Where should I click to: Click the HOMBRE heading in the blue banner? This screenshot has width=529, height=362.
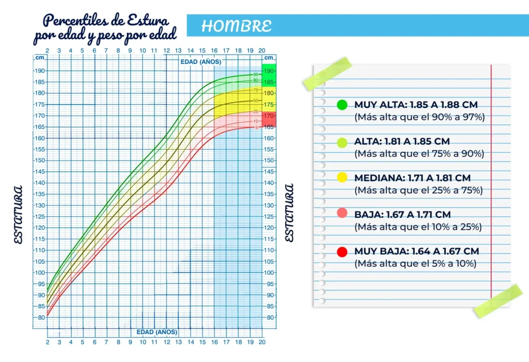pyautogui.click(x=236, y=26)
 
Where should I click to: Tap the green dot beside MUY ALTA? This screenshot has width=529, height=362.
pyautogui.click(x=342, y=105)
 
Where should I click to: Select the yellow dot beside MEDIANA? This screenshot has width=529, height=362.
pyautogui.click(x=342, y=178)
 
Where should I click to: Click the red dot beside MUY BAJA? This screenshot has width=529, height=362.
pyautogui.click(x=342, y=251)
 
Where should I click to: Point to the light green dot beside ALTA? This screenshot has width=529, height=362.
pyautogui.click(x=342, y=141)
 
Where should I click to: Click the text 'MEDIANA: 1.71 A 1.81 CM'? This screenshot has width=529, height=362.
pyautogui.click(x=412, y=178)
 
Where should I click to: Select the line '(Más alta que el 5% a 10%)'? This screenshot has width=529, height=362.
pyautogui.click(x=415, y=263)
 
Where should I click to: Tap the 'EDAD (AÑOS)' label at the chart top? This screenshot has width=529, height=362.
pyautogui.click(x=200, y=61)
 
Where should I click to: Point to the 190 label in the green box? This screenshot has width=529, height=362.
pyautogui.click(x=269, y=71)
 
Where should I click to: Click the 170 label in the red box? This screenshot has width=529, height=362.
pyautogui.click(x=269, y=116)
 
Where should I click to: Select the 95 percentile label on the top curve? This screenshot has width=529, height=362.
pyautogui.click(x=256, y=75)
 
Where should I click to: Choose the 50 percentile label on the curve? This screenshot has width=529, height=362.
pyautogui.click(x=256, y=101)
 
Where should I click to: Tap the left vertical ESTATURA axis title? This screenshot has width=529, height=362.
pyautogui.click(x=19, y=214)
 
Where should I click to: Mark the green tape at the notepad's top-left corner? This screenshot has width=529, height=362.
pyautogui.click(x=328, y=73)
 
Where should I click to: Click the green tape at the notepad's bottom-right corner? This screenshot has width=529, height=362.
pyautogui.click(x=498, y=301)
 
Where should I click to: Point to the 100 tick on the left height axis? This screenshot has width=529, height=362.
pyautogui.click(x=40, y=273)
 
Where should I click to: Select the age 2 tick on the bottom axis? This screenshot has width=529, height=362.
pyautogui.click(x=48, y=342)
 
